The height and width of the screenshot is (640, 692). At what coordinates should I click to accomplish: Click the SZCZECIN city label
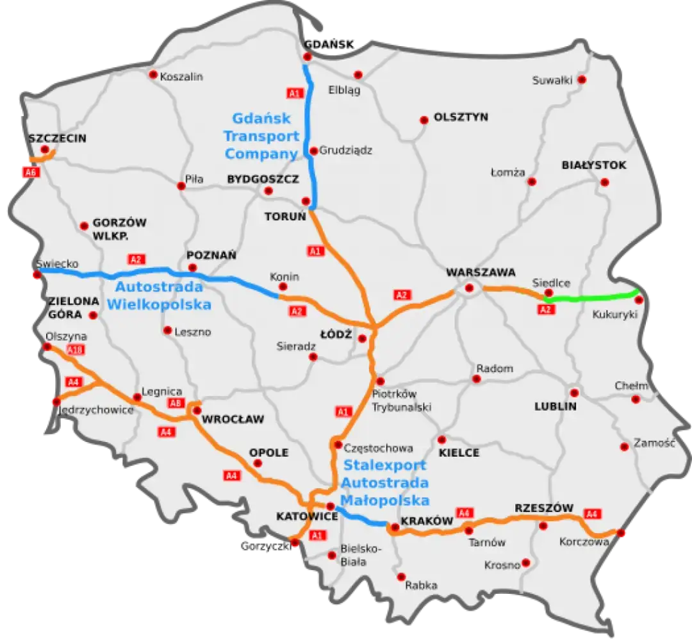click(57, 138)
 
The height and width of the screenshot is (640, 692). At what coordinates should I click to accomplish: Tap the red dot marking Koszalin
click(153, 74)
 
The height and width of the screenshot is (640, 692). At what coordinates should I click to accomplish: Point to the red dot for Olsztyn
click(424, 120)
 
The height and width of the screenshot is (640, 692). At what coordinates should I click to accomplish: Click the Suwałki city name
click(551, 80)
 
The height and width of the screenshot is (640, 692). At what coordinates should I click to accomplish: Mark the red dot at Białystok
click(605, 182)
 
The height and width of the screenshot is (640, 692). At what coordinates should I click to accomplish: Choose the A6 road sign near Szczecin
click(29, 172)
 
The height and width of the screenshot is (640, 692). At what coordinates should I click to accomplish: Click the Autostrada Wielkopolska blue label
click(159, 296)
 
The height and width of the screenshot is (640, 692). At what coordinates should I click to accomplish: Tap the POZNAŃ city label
click(211, 255)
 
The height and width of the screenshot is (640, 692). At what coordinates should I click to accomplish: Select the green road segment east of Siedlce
click(593, 297)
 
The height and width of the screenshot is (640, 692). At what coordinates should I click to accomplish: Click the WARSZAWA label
click(481, 272)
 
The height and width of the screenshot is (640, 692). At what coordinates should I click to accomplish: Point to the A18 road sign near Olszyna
click(76, 350)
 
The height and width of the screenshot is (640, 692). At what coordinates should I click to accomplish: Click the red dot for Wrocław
click(197, 410)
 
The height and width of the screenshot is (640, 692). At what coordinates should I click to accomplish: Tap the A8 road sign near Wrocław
click(176, 403)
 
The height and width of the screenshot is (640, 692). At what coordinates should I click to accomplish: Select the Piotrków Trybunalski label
click(402, 400)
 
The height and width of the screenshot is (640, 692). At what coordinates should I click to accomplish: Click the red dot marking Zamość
click(624, 447)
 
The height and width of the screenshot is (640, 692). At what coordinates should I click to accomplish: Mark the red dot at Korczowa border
click(620, 532)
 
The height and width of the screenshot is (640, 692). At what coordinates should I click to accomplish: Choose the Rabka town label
click(421, 585)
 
